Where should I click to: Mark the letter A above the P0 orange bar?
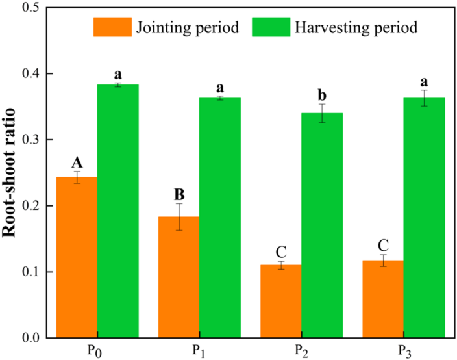77,162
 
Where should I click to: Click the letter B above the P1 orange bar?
179,194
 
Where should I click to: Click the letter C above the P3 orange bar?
383,245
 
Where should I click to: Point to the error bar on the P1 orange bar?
179,217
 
